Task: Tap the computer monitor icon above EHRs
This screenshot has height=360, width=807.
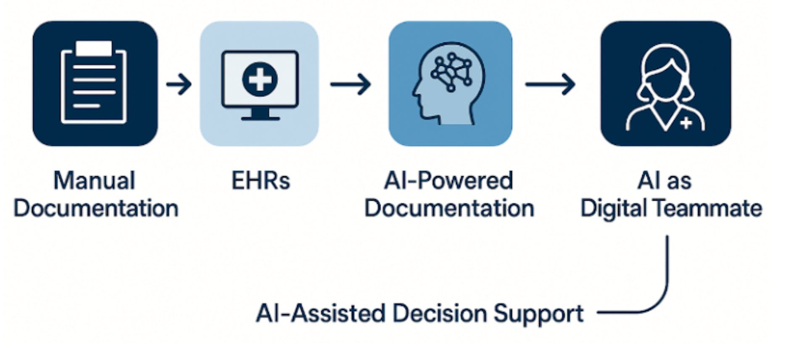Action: coord(260,84)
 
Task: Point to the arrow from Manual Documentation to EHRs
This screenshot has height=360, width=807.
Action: coord(179,84)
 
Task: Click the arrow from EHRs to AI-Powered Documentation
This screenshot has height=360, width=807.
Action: coord(351,84)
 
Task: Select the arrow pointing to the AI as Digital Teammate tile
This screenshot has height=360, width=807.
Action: coord(551,84)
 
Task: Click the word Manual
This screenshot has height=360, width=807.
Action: coord(94,181)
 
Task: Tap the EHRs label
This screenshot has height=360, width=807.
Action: coord(261,181)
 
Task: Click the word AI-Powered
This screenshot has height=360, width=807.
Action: coord(448,181)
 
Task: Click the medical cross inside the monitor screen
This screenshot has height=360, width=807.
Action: coord(260,79)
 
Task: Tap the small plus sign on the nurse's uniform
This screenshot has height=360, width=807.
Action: coord(686,123)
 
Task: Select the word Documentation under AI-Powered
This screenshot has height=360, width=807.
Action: coord(449,208)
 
